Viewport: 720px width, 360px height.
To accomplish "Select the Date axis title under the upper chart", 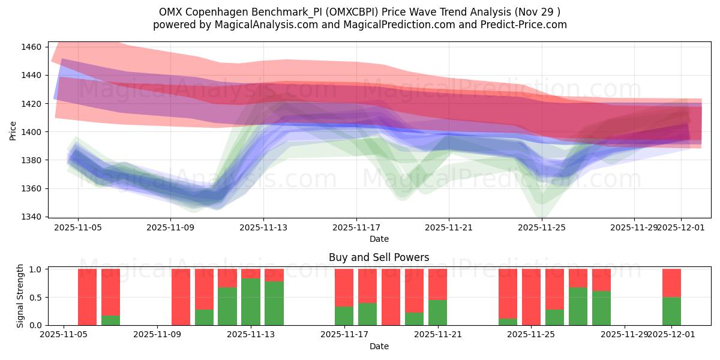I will pyautogui.click(x=379, y=239).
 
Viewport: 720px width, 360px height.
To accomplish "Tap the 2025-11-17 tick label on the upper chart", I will pyautogui.click(x=356, y=228).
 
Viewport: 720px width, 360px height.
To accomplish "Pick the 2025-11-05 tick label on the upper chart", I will pyautogui.click(x=78, y=228).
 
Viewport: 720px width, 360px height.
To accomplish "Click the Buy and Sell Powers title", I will pyautogui.click(x=379, y=257).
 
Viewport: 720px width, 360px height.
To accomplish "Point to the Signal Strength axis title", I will pyautogui.click(x=20, y=296).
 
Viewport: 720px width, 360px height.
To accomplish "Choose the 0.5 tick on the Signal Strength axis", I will pyautogui.click(x=35, y=297).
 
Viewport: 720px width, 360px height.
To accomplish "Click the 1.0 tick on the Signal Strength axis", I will pyautogui.click(x=35, y=269).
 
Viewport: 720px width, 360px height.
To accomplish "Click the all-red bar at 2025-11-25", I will pyautogui.click(x=531, y=297).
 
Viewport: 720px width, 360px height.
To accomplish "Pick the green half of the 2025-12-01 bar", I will pyautogui.click(x=671, y=311).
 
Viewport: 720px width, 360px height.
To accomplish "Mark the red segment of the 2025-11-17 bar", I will pyautogui.click(x=344, y=287).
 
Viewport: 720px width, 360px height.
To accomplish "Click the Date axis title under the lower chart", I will pyautogui.click(x=379, y=346).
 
